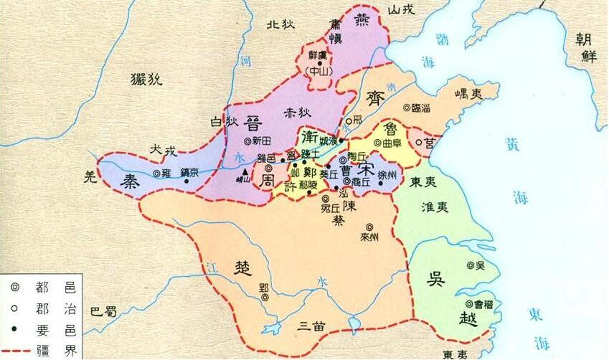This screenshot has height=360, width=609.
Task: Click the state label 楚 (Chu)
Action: (242, 267)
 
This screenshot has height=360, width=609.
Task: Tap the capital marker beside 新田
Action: (247, 141)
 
